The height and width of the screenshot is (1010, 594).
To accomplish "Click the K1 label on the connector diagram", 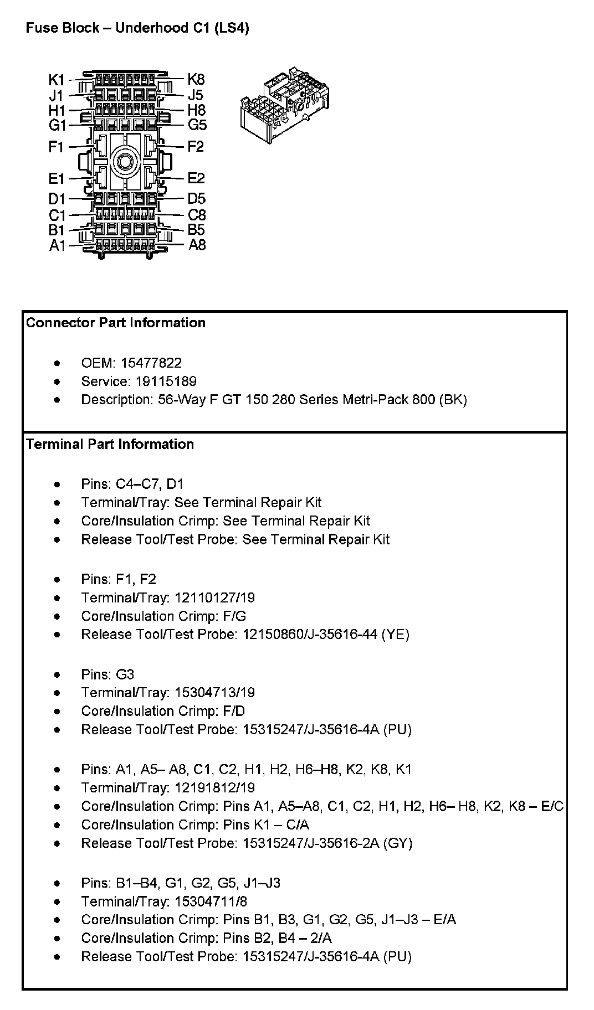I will click(x=57, y=80).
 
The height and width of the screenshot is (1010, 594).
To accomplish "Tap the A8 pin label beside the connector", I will click(x=197, y=245).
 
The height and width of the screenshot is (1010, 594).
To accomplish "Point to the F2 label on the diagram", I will click(x=196, y=147).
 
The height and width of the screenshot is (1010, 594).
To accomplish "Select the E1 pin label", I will click(x=57, y=179).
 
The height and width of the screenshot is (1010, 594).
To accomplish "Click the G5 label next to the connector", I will click(x=197, y=125).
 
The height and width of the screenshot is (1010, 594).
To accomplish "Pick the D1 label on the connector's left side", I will click(x=57, y=199).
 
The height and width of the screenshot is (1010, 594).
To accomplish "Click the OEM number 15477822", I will click(x=151, y=363).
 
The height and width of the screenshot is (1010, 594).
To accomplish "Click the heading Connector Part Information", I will click(x=116, y=323).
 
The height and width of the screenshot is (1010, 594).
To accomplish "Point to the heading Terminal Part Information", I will click(x=110, y=444).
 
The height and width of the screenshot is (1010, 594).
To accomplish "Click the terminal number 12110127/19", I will click(x=214, y=597).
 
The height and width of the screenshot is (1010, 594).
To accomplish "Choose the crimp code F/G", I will click(x=234, y=616).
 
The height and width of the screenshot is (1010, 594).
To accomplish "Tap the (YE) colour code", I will click(x=395, y=634).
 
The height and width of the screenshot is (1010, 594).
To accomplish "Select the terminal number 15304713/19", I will click(x=214, y=693).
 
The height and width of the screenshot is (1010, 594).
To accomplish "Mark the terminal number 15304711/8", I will click(x=211, y=901).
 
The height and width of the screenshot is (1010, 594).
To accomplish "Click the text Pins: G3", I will click(x=107, y=674).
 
